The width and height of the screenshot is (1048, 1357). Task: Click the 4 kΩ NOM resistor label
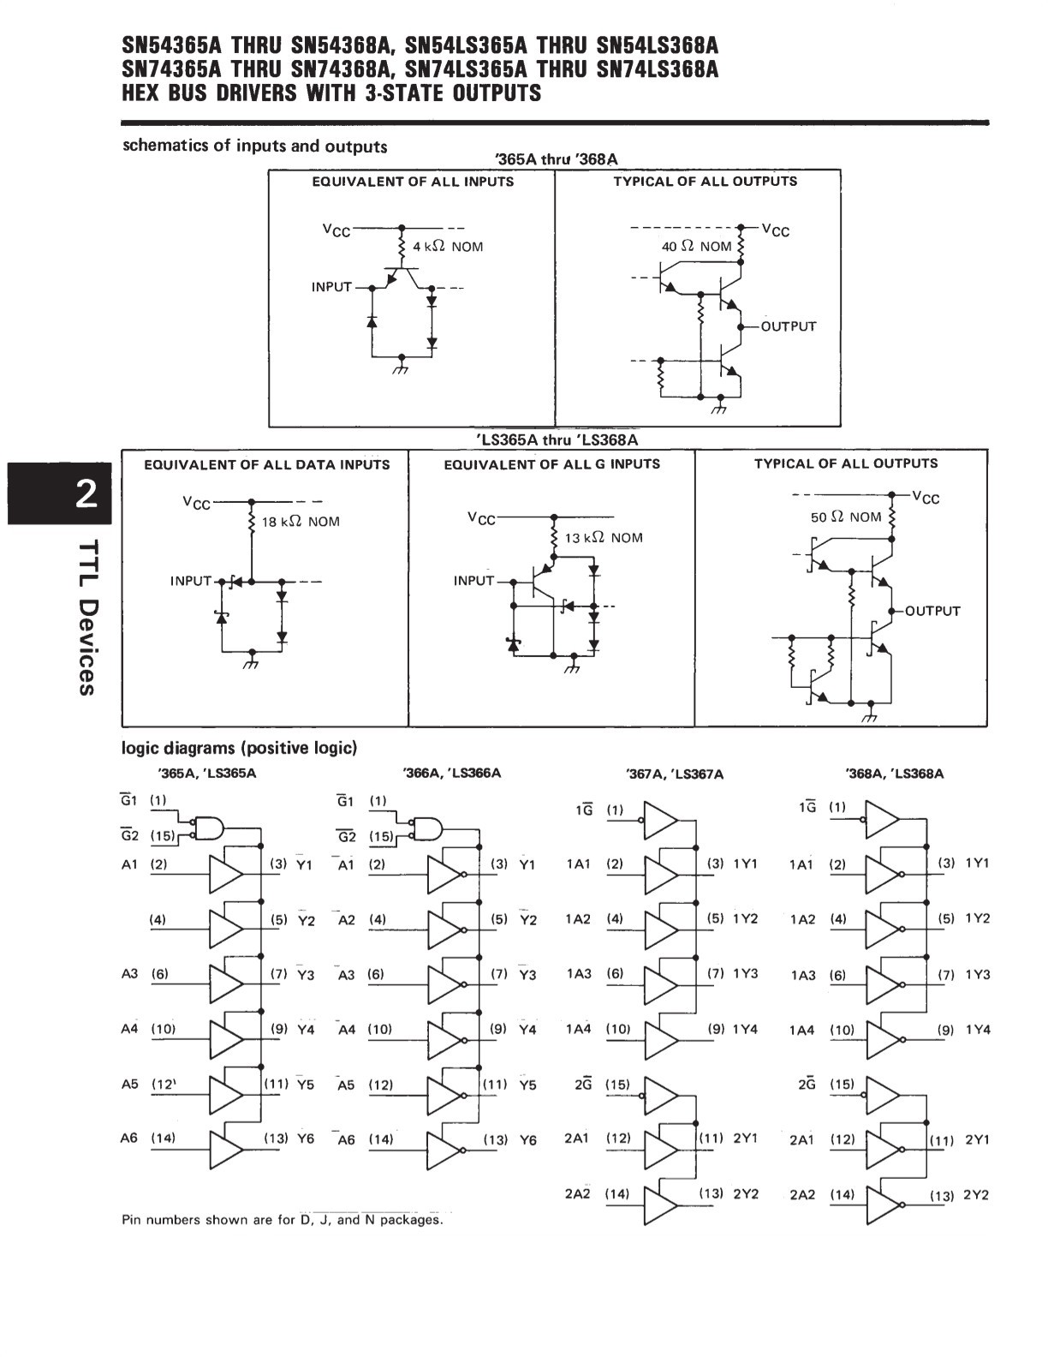click(448, 247)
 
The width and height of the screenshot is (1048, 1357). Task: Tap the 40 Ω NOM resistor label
click(696, 247)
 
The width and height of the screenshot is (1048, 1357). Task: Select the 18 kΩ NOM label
click(301, 522)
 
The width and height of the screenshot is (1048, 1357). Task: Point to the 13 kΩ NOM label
click(604, 538)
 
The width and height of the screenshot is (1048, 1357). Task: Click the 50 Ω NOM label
click(846, 517)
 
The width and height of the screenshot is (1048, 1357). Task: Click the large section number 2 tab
click(60, 493)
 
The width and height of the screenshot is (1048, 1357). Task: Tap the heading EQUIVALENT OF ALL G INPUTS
click(551, 464)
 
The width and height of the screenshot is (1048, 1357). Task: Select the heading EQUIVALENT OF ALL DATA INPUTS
click(266, 464)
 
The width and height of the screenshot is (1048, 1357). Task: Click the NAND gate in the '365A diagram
click(208, 828)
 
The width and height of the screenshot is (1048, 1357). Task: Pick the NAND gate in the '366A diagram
click(426, 828)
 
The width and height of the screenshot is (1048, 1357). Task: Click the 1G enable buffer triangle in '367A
click(661, 820)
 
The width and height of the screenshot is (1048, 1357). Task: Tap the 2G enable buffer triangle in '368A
click(883, 1096)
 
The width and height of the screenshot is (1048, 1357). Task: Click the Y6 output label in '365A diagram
click(305, 1139)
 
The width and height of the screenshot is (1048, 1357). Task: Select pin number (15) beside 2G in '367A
click(617, 1085)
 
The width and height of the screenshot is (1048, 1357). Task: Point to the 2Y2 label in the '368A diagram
click(976, 1194)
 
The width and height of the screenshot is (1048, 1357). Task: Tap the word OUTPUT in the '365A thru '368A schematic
click(789, 326)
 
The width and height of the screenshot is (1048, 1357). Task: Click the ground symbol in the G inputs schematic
click(572, 667)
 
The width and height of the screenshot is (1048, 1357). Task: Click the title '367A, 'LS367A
click(674, 774)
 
